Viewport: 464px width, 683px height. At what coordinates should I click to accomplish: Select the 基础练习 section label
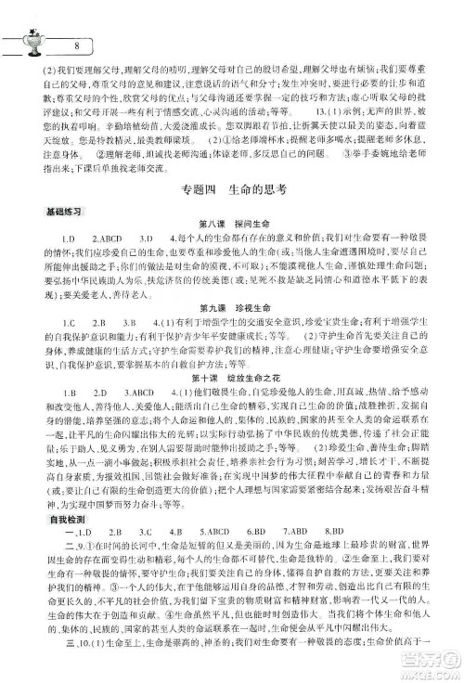pyautogui.click(x=37, y=238)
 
